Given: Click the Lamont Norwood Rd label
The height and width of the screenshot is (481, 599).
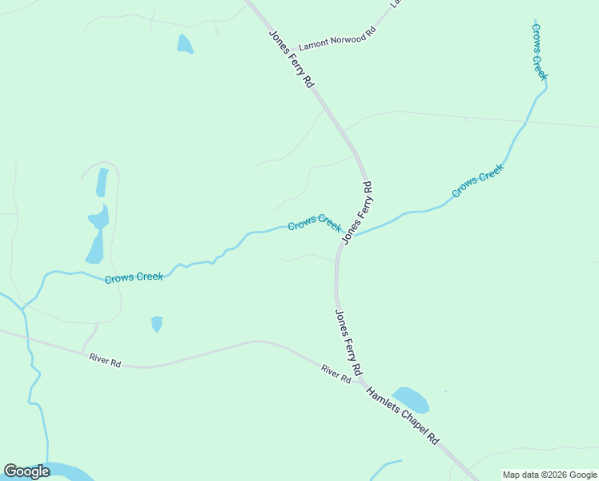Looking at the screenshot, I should click(x=336, y=40).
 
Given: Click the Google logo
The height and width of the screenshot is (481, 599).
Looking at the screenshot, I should click(x=26, y=471).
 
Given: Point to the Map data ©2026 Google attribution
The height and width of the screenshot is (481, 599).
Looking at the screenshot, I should click(x=550, y=475).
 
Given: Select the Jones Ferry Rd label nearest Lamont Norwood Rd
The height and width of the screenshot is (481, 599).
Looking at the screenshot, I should click(x=291, y=59).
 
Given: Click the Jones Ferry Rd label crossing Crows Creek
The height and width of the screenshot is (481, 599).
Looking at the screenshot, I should click(x=357, y=212).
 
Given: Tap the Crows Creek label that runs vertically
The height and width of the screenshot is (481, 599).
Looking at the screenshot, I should click(x=539, y=51).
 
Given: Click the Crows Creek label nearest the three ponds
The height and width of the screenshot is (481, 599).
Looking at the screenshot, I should click(x=134, y=277).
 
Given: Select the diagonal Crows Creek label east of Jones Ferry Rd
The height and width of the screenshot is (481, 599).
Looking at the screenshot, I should click(x=478, y=180).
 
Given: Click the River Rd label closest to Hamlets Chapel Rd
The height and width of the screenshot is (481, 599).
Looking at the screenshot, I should click(x=336, y=374).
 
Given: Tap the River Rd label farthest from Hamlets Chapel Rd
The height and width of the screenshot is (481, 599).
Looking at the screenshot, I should click(x=105, y=362).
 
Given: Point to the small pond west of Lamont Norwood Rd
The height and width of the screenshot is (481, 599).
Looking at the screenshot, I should click(x=185, y=44).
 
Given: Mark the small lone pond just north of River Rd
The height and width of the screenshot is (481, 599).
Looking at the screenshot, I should click(x=157, y=323).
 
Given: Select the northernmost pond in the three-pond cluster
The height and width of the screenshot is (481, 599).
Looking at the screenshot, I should click(x=102, y=183).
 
